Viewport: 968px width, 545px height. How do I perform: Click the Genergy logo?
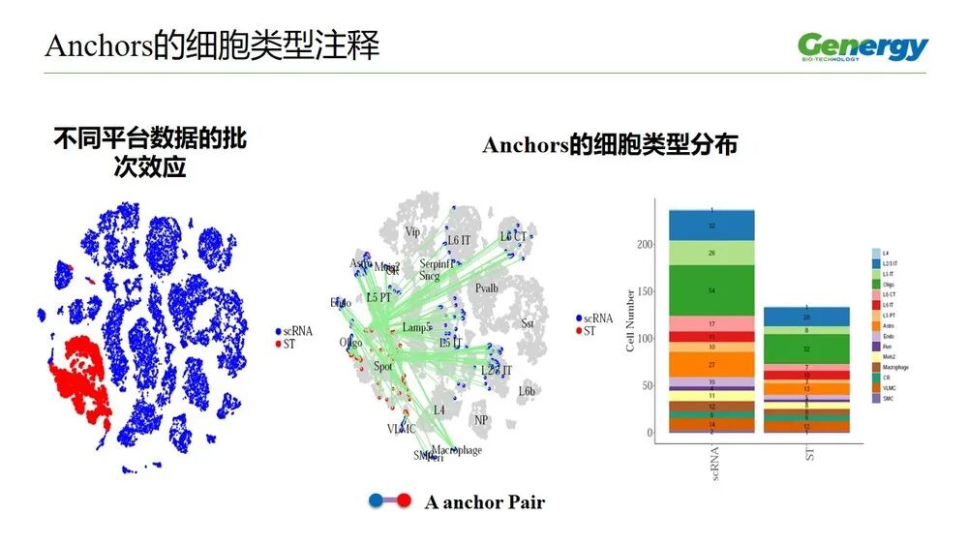tap(862, 46)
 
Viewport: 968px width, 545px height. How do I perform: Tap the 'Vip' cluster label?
tap(412, 232)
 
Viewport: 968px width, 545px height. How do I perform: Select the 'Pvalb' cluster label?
tap(487, 288)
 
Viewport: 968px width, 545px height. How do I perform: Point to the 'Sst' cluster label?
tap(528, 323)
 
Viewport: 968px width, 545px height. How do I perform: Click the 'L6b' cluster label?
tap(527, 391)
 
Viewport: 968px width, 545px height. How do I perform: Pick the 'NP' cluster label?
tap(481, 420)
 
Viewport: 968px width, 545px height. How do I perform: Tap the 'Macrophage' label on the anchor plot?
tap(457, 450)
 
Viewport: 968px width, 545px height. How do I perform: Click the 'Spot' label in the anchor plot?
tap(383, 368)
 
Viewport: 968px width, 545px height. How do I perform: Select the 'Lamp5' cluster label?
tap(417, 328)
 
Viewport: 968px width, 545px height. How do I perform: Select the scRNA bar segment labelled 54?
tap(711, 290)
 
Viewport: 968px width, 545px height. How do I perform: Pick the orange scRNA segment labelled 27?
tap(711, 364)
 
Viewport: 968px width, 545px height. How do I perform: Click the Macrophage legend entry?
tap(894, 367)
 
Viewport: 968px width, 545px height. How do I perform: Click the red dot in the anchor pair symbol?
tap(404, 500)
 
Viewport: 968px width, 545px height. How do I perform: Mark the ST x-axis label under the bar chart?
tap(808, 453)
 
